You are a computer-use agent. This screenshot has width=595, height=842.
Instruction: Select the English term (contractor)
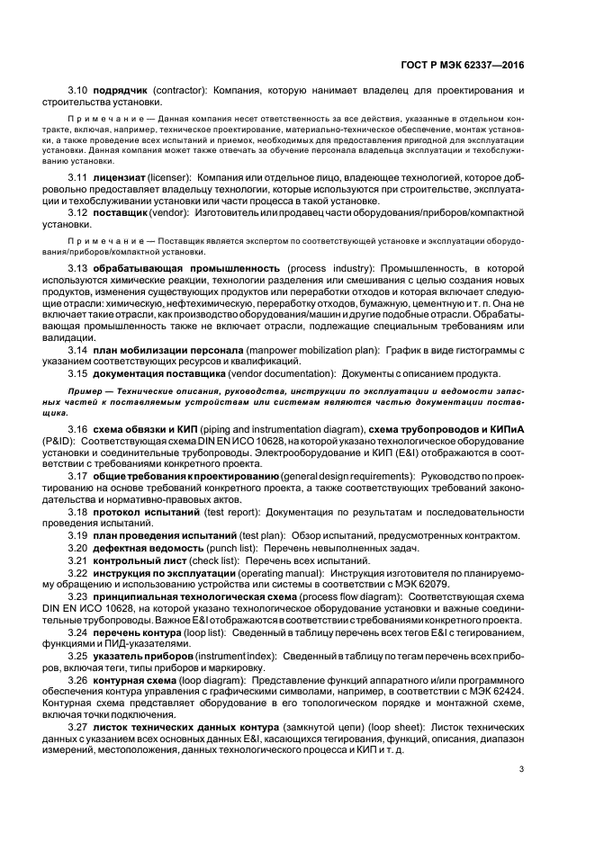[180, 92]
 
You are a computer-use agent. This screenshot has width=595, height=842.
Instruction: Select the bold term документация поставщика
[162, 373]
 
